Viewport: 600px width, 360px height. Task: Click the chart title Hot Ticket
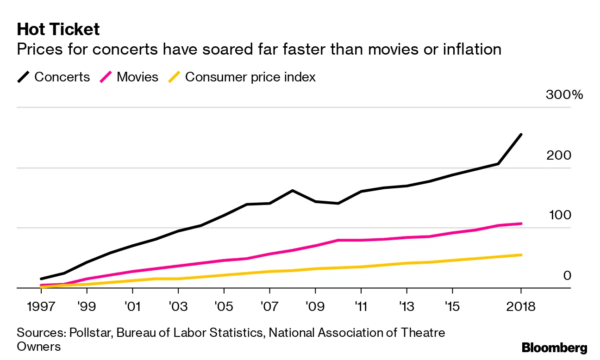[58, 30]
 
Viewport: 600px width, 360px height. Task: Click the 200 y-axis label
[559, 155]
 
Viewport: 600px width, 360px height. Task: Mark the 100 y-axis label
[559, 215]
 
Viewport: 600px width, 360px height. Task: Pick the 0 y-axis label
[567, 275]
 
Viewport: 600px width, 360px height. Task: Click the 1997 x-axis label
[41, 307]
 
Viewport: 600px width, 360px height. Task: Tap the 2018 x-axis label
[521, 307]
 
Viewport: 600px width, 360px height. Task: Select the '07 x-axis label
[269, 307]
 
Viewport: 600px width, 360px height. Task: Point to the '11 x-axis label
[361, 307]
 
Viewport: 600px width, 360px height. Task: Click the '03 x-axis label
[178, 307]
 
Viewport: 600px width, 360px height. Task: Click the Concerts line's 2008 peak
[292, 190]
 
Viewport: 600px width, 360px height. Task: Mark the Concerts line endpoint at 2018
[521, 135]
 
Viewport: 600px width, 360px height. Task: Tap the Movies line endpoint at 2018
[521, 223]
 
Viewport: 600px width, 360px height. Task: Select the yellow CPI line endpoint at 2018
[521, 254]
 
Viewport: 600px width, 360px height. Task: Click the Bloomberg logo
[554, 348]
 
